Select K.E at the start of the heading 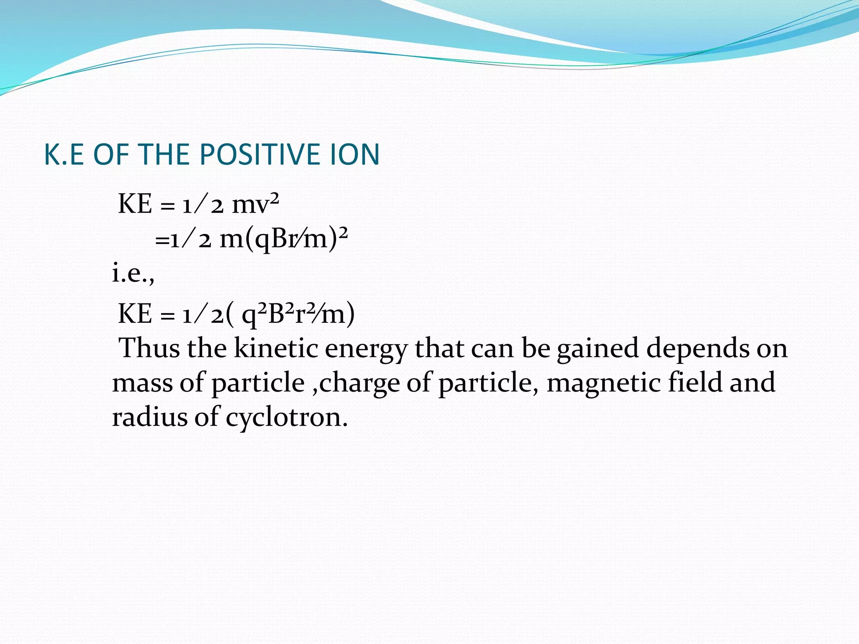64,154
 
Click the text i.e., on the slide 133,274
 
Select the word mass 143,383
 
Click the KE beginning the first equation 135,205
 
